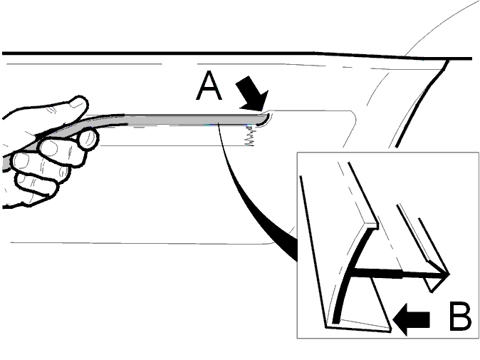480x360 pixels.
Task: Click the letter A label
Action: pos(209,86)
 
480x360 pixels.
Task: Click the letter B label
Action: pos(460,317)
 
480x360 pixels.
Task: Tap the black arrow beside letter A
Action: pos(253,94)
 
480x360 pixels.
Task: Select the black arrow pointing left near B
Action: pos(411,319)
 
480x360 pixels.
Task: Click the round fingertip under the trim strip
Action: pos(89,139)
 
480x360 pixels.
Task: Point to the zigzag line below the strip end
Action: pos(250,136)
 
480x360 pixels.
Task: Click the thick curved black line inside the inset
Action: pos(352,269)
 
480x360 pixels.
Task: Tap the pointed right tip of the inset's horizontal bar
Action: pos(449,274)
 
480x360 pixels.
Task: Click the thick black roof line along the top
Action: pos(237,54)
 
